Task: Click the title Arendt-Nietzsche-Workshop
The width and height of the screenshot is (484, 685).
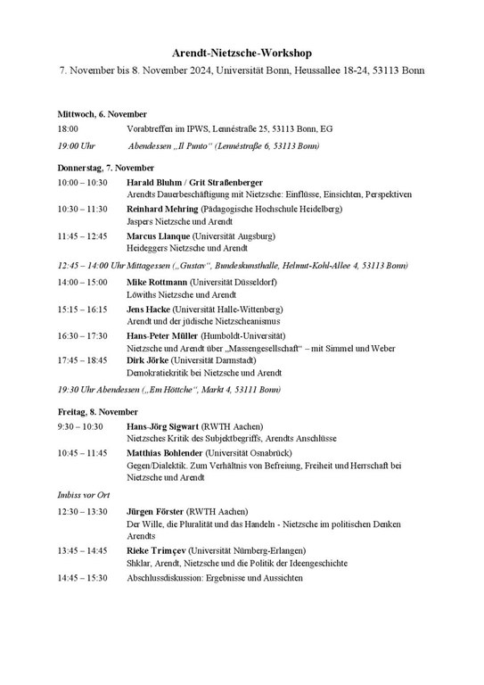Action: [242, 54]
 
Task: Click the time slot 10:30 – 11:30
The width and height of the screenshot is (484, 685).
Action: [82, 209]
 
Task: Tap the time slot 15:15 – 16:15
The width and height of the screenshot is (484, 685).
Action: [82, 309]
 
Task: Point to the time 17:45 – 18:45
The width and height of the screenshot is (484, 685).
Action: [82, 359]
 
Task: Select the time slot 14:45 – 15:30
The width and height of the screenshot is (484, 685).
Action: [82, 578]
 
